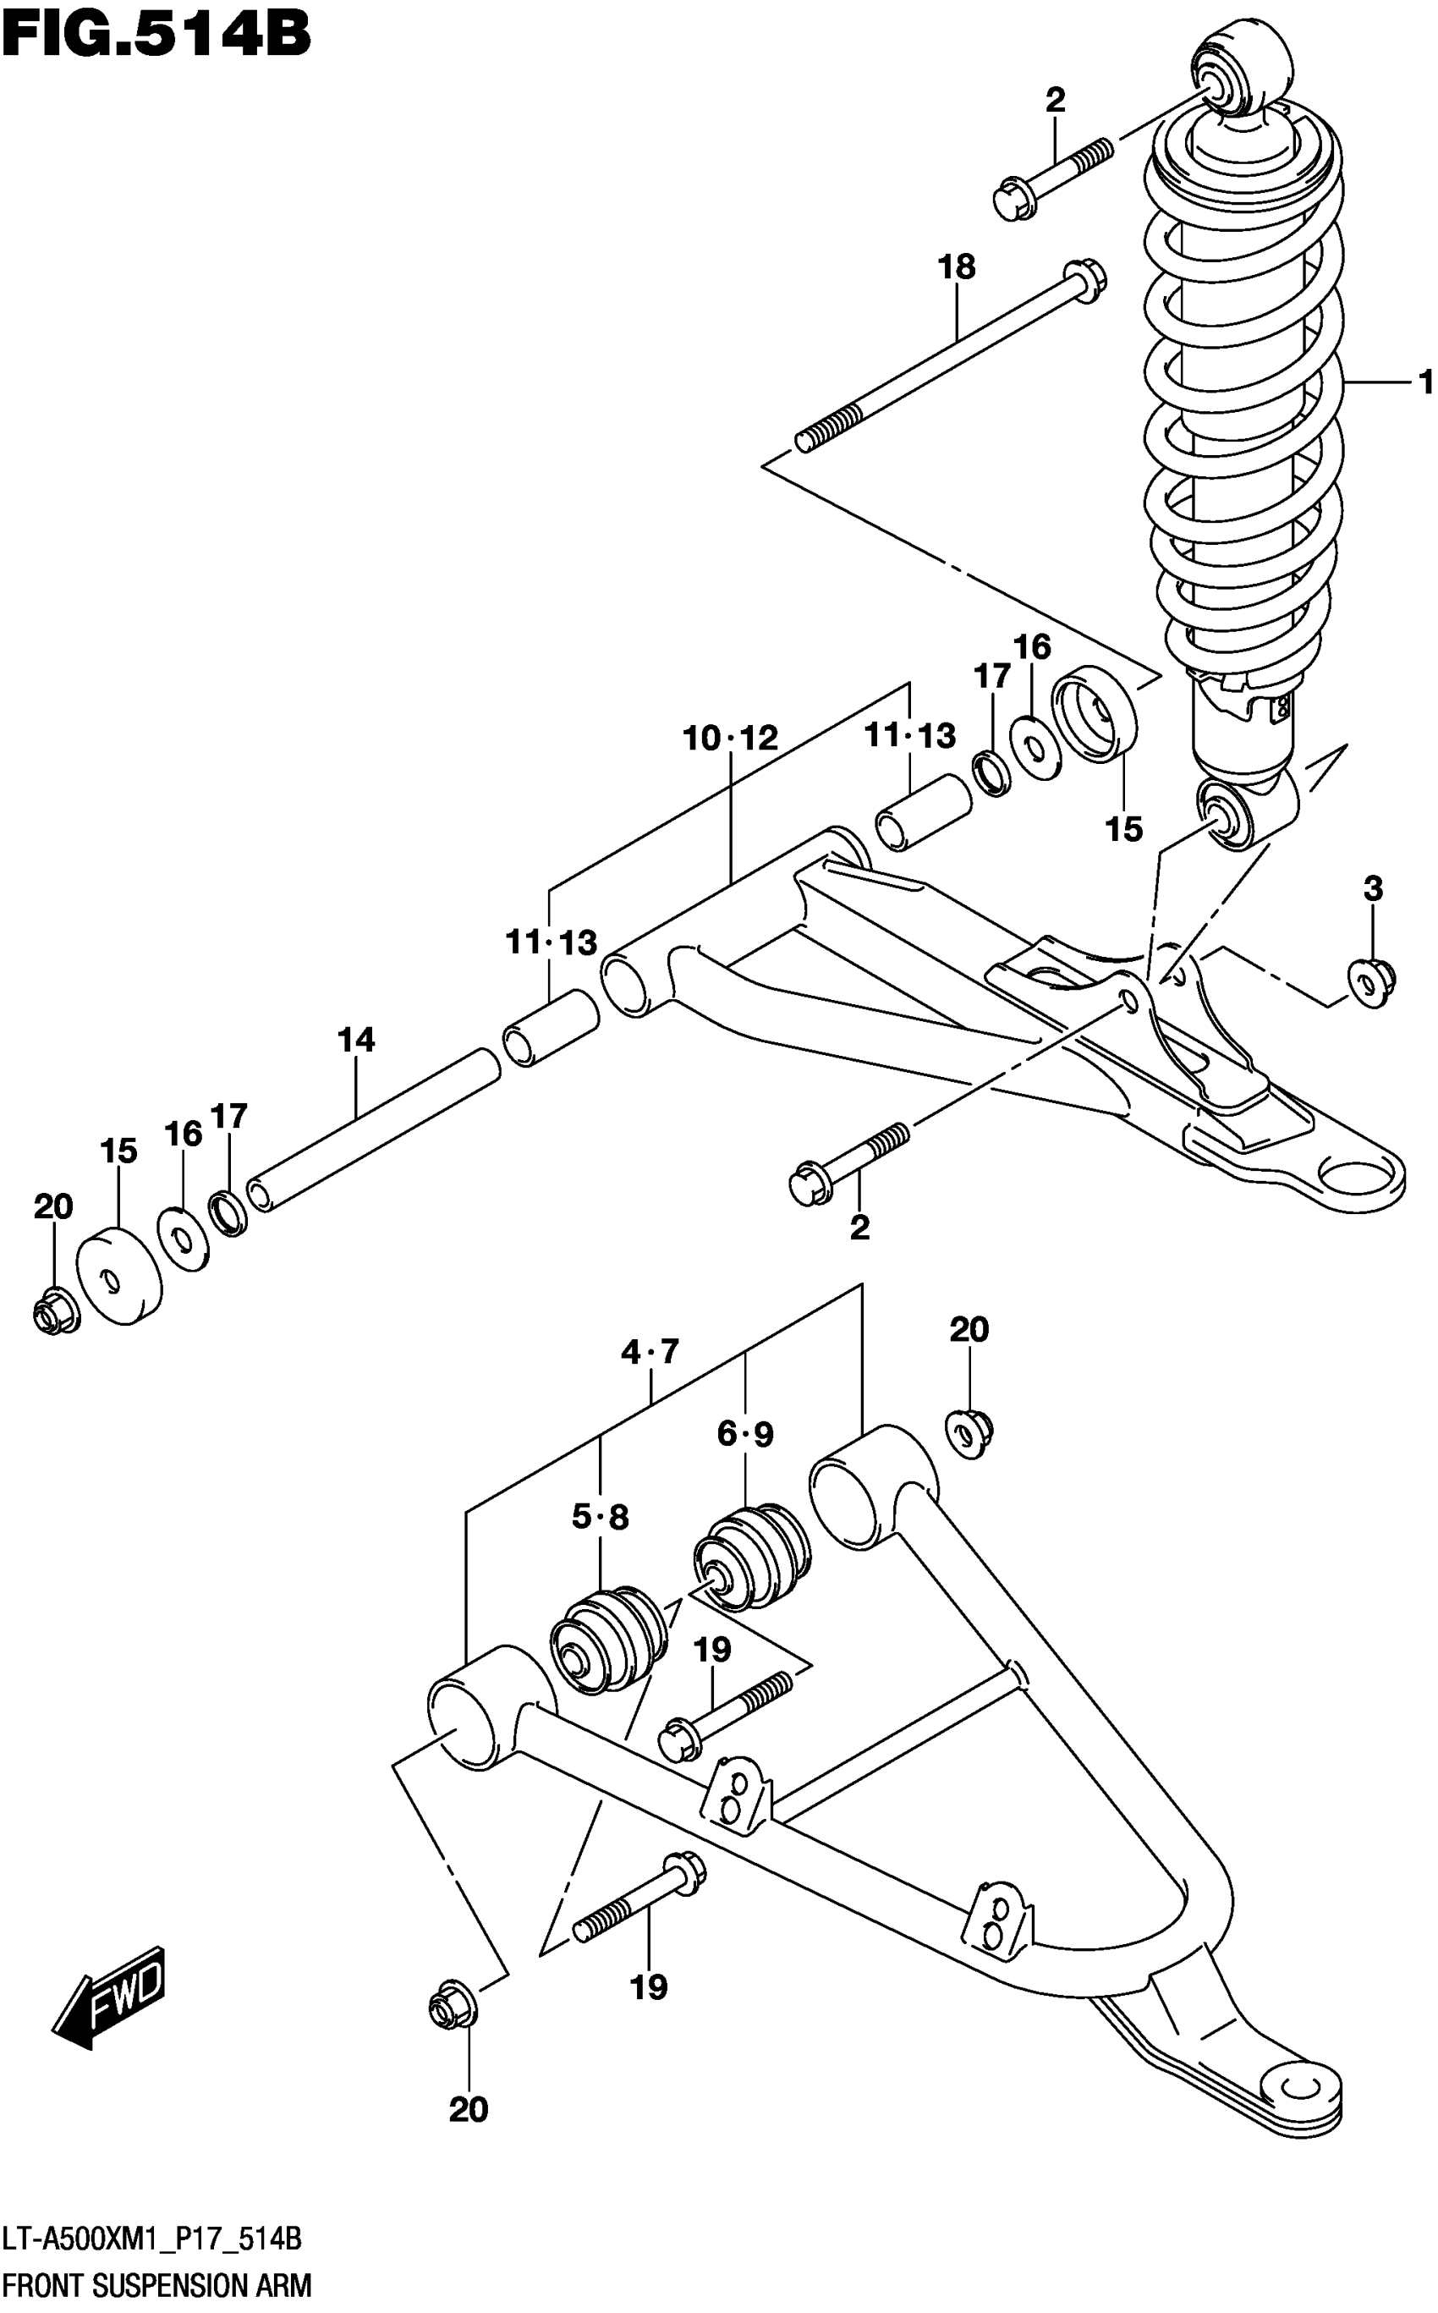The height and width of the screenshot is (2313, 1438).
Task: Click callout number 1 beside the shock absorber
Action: click(x=1424, y=382)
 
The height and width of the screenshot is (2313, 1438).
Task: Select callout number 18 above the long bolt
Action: click(x=957, y=267)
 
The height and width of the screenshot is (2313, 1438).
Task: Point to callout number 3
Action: click(x=1371, y=889)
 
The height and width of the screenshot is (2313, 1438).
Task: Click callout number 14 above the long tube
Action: click(x=356, y=1041)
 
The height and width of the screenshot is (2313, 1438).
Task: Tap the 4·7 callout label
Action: click(x=650, y=1350)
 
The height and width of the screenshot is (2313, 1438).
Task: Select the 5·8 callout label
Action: click(x=600, y=1517)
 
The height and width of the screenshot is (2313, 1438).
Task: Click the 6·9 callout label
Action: click(x=745, y=1433)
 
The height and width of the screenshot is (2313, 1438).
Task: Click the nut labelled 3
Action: click(x=1372, y=982)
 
